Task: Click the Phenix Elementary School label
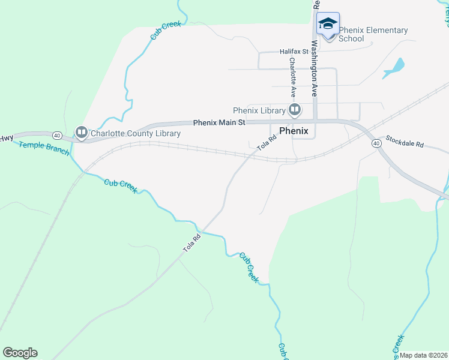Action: (373, 34)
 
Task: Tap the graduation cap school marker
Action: (328, 24)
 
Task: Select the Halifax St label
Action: (294, 52)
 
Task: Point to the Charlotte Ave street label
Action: (293, 77)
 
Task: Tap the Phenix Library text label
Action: (259, 110)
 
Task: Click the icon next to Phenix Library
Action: (295, 110)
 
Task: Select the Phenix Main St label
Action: (219, 122)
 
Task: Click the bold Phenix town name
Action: (294, 131)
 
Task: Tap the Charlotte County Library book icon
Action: (81, 132)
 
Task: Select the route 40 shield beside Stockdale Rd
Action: (376, 143)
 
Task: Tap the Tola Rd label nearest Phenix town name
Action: (267, 142)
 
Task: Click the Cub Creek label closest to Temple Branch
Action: (121, 185)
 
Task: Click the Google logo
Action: (20, 353)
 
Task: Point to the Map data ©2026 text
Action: (424, 355)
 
